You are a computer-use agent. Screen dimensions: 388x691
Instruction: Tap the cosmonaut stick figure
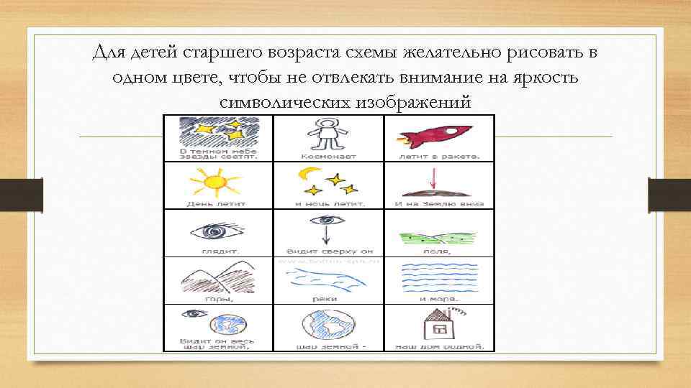(328, 134)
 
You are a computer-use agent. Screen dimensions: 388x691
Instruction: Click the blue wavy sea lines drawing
(438, 277)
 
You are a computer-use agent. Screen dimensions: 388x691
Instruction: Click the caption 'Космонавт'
(327, 155)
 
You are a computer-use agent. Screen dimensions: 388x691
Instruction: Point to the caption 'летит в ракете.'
(438, 155)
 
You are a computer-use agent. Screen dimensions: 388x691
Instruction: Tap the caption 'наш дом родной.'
(438, 346)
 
